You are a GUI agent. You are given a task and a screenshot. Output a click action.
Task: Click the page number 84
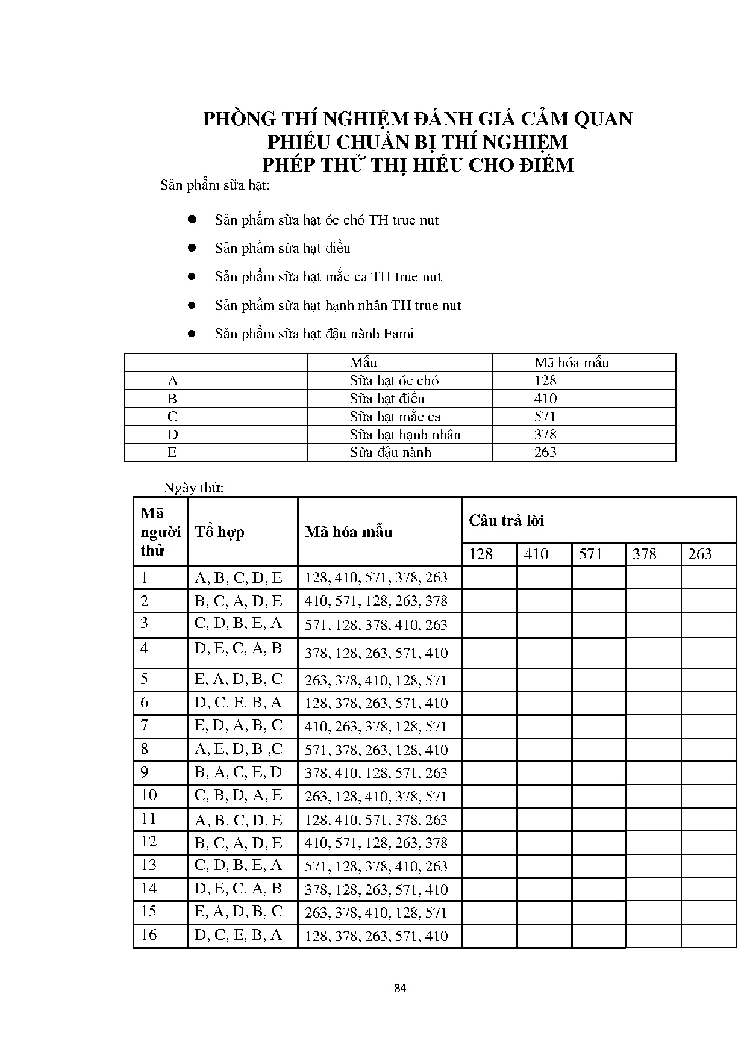400,988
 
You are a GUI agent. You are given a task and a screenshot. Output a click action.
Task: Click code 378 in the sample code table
545,435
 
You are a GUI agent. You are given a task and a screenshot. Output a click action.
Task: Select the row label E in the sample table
172,452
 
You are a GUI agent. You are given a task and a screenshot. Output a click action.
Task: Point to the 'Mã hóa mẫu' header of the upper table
571,362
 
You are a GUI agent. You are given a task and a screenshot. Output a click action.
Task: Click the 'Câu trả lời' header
507,521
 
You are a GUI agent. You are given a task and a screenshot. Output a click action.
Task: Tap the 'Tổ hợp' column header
219,532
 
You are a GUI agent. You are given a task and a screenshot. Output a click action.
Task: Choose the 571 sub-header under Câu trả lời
590,554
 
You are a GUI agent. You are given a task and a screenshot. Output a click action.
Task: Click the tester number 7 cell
145,725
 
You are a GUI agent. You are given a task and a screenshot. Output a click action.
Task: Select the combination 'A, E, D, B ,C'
239,749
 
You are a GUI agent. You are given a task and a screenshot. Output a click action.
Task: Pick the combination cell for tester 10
239,795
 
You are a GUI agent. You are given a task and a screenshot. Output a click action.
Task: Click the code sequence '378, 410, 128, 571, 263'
376,773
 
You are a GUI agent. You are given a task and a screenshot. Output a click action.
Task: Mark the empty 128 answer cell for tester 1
489,578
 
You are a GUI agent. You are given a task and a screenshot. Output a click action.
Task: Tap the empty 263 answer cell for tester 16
708,936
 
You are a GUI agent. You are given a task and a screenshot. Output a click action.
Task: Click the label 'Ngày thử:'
193,488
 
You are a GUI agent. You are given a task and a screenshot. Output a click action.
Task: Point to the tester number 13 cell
149,865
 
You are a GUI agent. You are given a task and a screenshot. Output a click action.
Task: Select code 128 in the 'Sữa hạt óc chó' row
545,380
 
